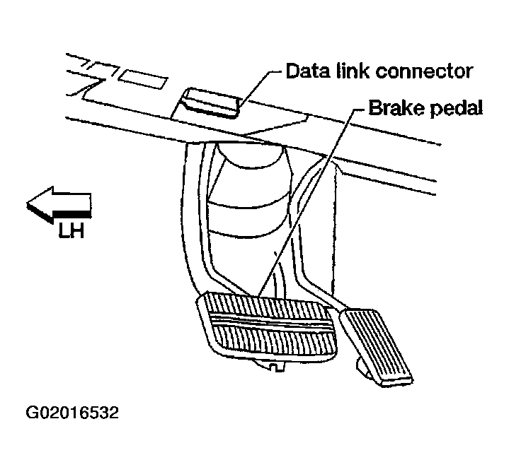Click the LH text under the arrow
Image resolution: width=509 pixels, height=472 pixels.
(x=72, y=230)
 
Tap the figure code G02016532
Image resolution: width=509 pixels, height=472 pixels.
(x=73, y=412)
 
